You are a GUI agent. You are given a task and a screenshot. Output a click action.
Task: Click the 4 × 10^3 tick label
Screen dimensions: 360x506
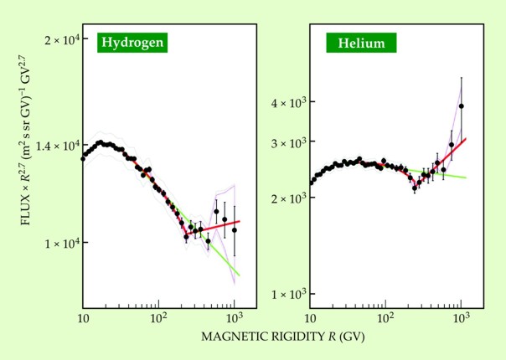289,102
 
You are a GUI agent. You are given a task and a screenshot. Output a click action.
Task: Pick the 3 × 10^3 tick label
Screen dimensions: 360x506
289,142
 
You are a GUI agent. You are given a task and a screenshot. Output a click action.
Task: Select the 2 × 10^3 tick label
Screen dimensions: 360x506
289,198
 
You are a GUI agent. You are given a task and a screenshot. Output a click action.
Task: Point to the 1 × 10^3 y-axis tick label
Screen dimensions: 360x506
289,294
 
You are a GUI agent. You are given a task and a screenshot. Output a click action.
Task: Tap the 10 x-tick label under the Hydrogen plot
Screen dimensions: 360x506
82,319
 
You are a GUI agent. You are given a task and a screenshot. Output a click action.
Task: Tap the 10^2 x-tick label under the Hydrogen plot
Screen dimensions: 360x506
157,318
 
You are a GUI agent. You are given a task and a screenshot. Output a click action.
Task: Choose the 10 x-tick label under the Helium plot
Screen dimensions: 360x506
310,319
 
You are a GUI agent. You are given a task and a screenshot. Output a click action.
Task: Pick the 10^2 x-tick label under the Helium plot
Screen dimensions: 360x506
385,318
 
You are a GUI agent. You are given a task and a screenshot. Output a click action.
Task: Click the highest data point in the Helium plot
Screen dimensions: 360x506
462,106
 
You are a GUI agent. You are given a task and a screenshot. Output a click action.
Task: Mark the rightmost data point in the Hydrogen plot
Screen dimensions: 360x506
235,229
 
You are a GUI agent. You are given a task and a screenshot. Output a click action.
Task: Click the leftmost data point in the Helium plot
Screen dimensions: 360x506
312,182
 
